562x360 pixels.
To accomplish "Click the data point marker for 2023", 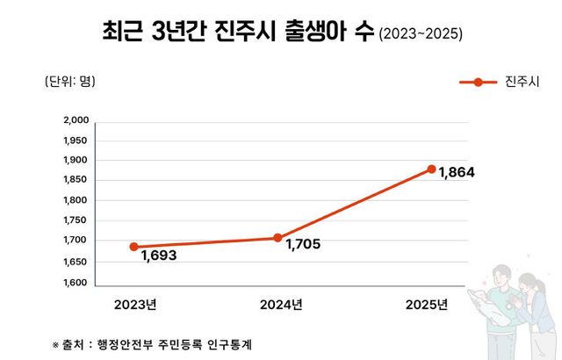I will (134, 247).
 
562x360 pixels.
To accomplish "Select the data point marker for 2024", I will (277, 238).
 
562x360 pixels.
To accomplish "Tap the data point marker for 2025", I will (431, 169).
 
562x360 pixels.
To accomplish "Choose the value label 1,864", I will (458, 173).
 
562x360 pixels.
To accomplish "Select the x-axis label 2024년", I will (281, 305).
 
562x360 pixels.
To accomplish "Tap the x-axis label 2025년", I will (427, 305).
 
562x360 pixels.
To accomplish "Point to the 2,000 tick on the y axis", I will (76, 120).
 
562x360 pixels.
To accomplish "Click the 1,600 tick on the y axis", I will (76, 283).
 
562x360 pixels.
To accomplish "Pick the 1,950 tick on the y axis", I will (76, 140).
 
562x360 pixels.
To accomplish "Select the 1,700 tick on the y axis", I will (76, 241).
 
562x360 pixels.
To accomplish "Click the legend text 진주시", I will (522, 83).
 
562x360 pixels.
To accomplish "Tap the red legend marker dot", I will (478, 83).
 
